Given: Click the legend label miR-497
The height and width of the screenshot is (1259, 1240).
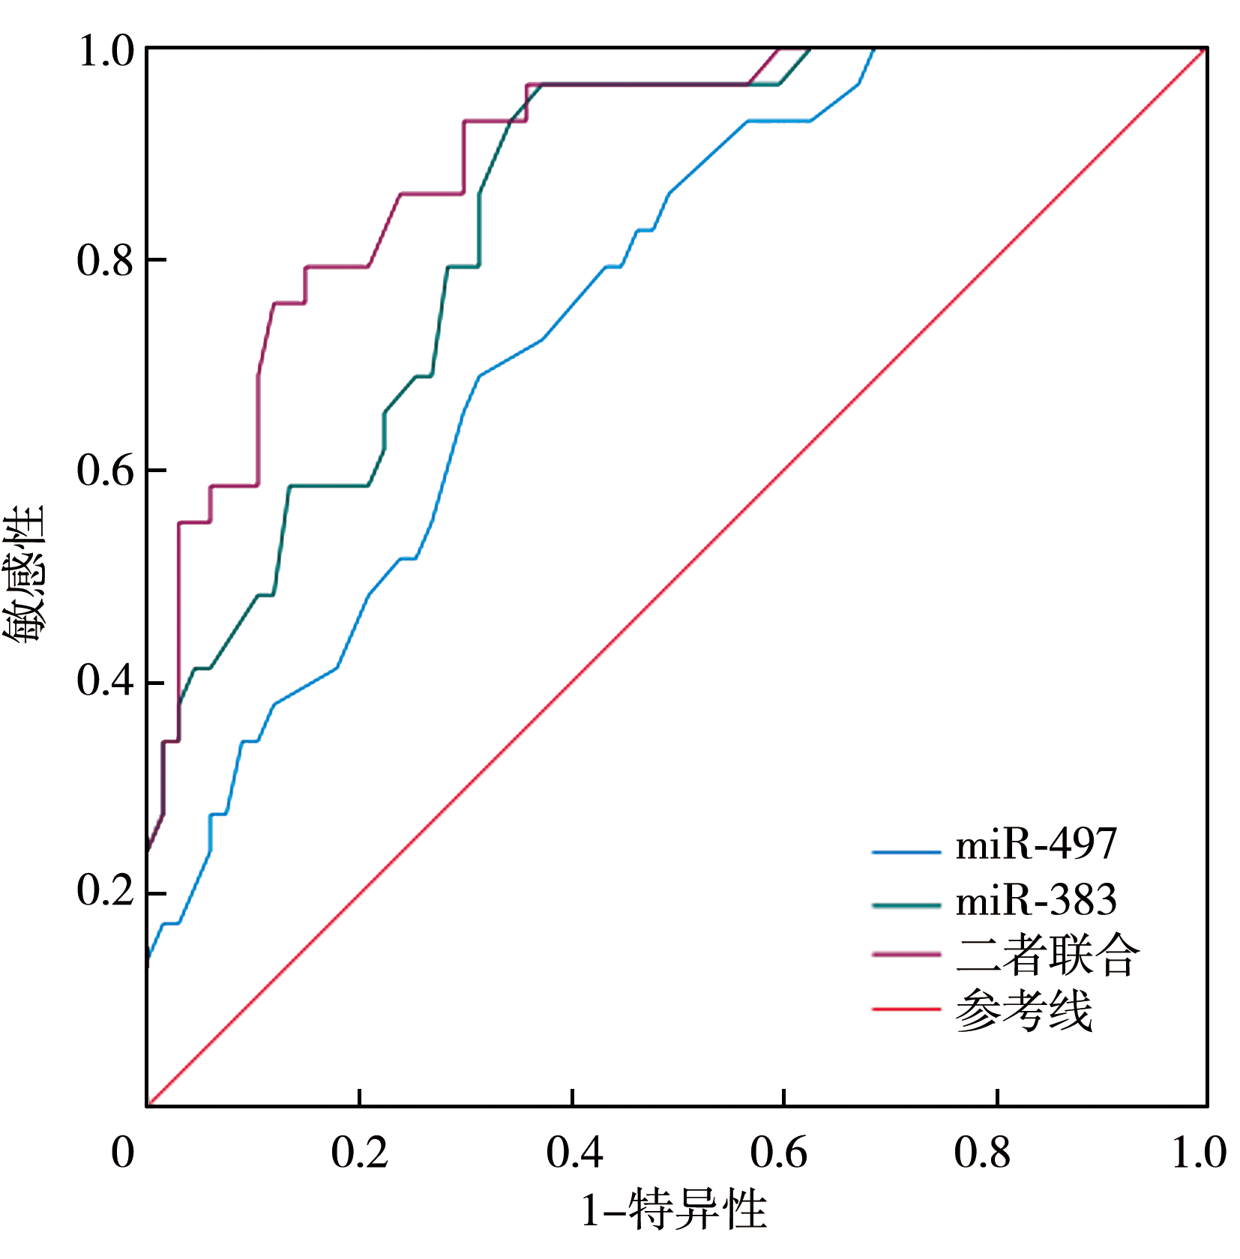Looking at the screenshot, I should pyautogui.click(x=1036, y=845).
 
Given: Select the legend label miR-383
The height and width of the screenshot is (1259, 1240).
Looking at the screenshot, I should pyautogui.click(x=1036, y=900).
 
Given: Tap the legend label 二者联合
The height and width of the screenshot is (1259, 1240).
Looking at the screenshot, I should pyautogui.click(x=1047, y=955).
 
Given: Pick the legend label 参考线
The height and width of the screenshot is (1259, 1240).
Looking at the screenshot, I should pyautogui.click(x=1024, y=1010).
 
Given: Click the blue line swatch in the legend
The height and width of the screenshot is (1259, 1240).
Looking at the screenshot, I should pyautogui.click(x=906, y=852).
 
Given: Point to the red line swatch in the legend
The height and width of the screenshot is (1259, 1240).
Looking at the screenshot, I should pyautogui.click(x=906, y=1010).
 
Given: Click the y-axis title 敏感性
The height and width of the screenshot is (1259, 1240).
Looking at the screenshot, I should pyautogui.click(x=24, y=576).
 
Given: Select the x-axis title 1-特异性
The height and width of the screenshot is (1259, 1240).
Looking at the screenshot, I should pyautogui.click(x=675, y=1211).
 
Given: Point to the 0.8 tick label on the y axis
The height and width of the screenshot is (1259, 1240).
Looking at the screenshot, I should pyautogui.click(x=105, y=261).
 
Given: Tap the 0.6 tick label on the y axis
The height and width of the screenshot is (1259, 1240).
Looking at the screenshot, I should pyautogui.click(x=105, y=471).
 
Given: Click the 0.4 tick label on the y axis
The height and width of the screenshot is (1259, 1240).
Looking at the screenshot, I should pyautogui.click(x=105, y=680).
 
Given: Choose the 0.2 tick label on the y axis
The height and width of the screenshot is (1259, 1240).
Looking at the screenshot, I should pyautogui.click(x=105, y=891).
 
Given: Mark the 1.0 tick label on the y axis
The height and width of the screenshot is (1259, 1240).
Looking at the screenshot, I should pyautogui.click(x=105, y=52).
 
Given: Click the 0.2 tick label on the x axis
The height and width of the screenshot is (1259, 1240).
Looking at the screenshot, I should pyautogui.click(x=360, y=1153).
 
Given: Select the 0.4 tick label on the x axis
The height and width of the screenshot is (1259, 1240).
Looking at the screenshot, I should pyautogui.click(x=574, y=1153).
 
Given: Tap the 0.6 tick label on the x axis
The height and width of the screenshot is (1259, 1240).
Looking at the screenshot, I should pyautogui.click(x=779, y=1153).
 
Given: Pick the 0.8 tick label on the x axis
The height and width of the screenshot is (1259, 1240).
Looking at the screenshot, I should pyautogui.click(x=983, y=1153).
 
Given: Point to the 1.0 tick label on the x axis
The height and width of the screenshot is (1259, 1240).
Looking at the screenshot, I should pyautogui.click(x=1199, y=1153).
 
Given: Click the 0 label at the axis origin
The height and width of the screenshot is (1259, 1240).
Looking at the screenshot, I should pyautogui.click(x=123, y=1153).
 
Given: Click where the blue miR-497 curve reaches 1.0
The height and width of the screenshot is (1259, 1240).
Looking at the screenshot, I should pyautogui.click(x=873, y=49).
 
